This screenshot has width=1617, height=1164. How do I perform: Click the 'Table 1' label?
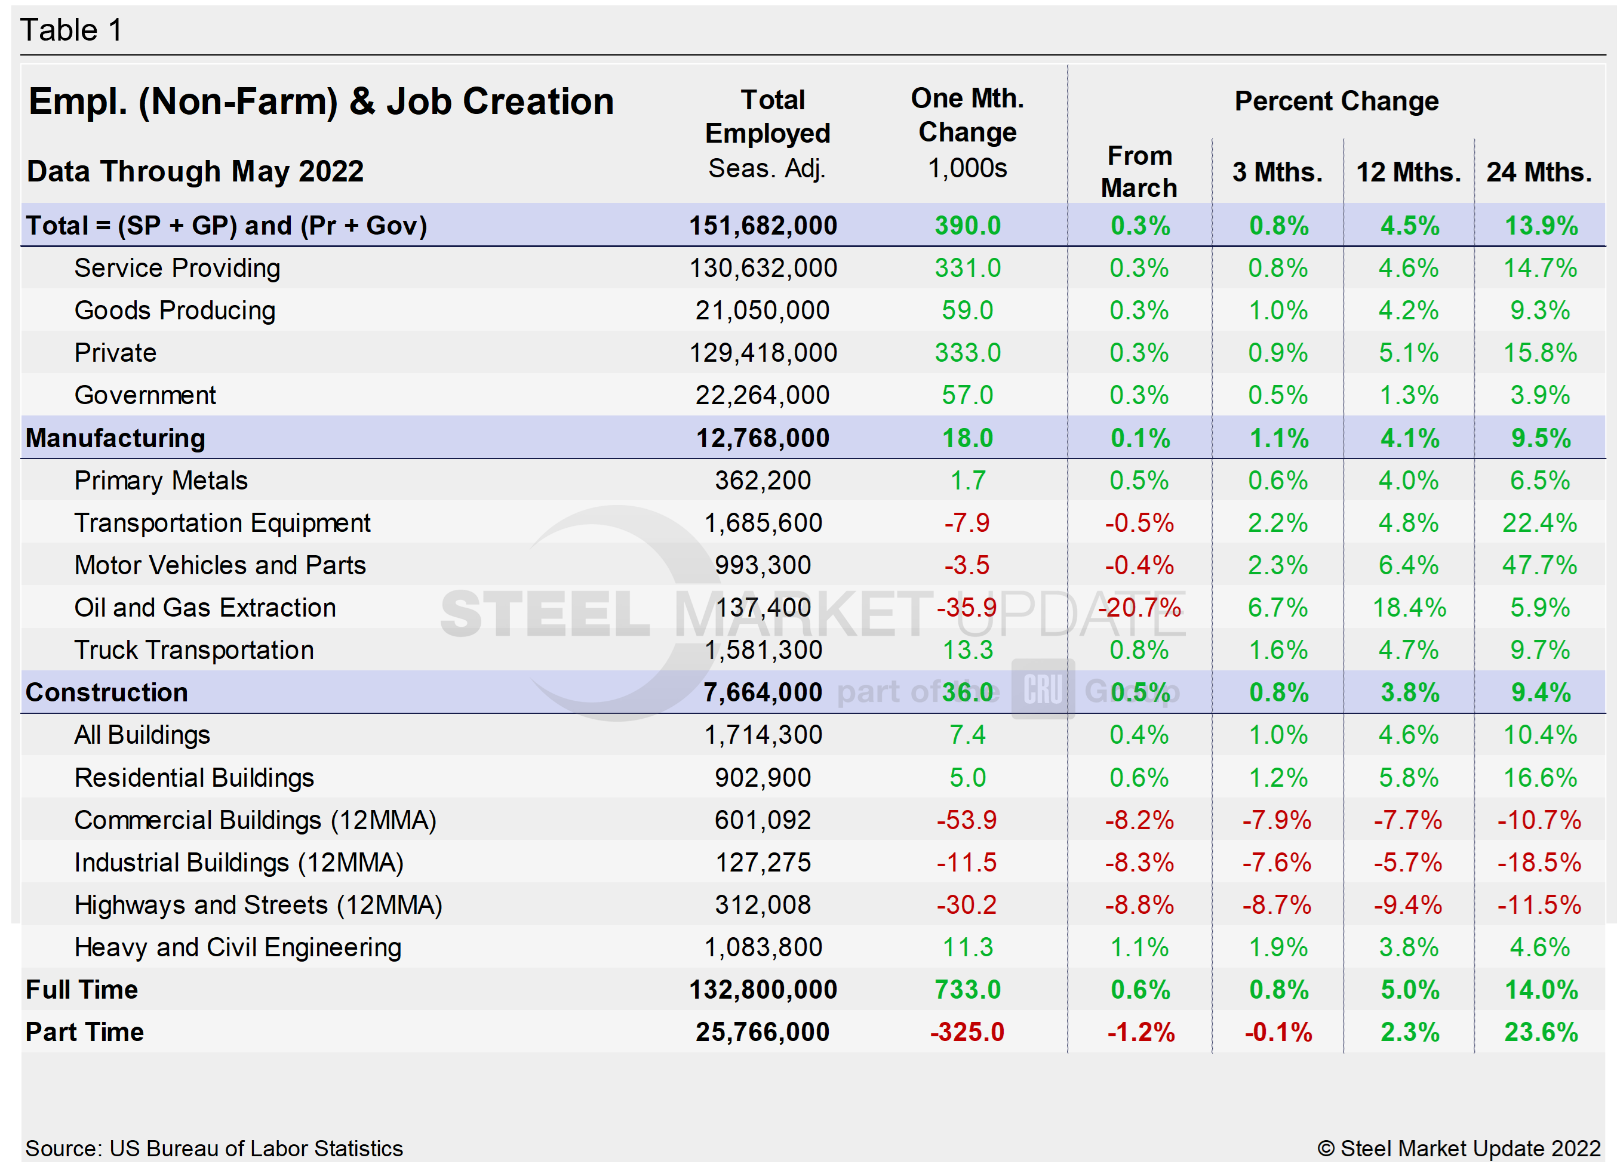(x=71, y=30)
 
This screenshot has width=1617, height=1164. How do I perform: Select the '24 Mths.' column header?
(x=1539, y=172)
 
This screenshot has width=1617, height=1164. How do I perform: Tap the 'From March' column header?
(x=1139, y=172)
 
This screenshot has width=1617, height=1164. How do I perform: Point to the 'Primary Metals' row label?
(x=161, y=481)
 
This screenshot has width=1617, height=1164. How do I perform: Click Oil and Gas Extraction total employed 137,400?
(x=763, y=607)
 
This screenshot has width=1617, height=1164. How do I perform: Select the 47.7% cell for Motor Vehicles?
(x=1539, y=565)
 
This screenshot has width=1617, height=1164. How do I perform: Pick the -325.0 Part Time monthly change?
(x=967, y=1031)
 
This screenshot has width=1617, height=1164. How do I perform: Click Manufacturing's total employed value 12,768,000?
(x=763, y=438)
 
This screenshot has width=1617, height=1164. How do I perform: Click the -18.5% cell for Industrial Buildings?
(x=1539, y=863)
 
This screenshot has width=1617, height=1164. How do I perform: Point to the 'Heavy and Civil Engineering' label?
(x=238, y=947)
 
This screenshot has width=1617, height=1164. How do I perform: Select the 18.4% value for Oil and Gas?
(x=1409, y=607)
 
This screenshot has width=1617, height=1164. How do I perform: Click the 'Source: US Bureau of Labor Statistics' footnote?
(x=214, y=1148)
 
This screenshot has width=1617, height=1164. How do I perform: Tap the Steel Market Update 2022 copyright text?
(x=1459, y=1148)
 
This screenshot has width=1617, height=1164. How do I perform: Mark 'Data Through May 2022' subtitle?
(x=195, y=172)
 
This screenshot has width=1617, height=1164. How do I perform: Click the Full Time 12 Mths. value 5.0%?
(x=1409, y=989)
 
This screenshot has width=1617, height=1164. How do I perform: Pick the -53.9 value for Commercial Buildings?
(x=967, y=820)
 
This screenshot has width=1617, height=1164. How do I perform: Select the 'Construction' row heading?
(x=106, y=692)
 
